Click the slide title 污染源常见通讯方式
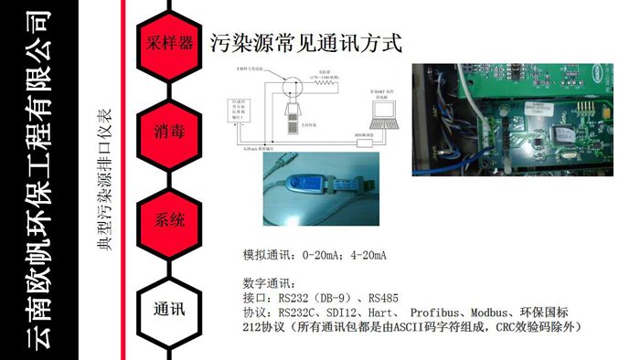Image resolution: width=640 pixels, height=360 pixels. pos(305,43)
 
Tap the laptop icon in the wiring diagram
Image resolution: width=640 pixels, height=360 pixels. pos(380,115)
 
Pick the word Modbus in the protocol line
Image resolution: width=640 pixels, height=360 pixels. pos(488,311)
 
